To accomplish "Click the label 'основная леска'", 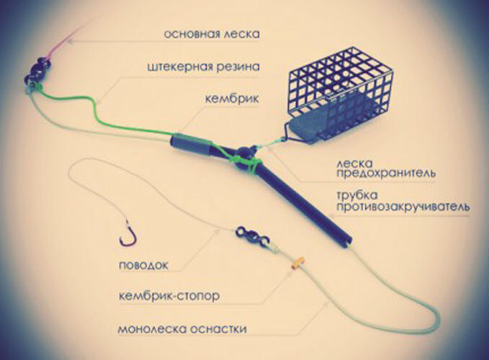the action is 212,34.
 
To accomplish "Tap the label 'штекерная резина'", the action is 203,67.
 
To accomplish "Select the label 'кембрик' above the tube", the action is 232,99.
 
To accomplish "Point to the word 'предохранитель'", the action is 385,174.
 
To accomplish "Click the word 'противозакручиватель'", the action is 403,207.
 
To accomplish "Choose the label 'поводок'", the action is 143,265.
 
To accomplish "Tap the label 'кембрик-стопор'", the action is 169,296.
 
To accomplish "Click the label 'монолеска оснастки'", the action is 182,329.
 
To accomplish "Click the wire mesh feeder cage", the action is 339,91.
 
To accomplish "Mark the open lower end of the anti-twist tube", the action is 347,242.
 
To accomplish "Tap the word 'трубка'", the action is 356,195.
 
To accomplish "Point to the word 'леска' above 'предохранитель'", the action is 354,163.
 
